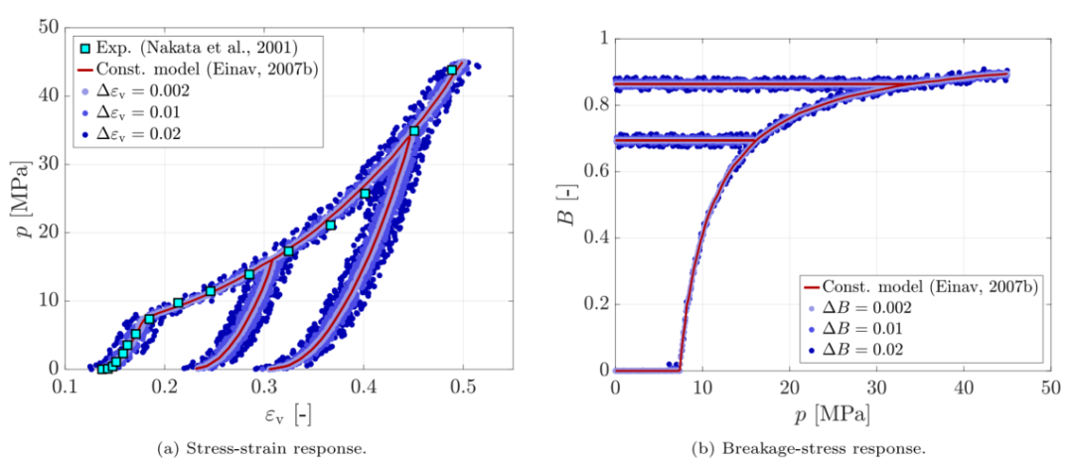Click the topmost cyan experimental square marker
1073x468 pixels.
(x=452, y=70)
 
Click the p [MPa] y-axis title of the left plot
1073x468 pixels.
(x=22, y=198)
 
